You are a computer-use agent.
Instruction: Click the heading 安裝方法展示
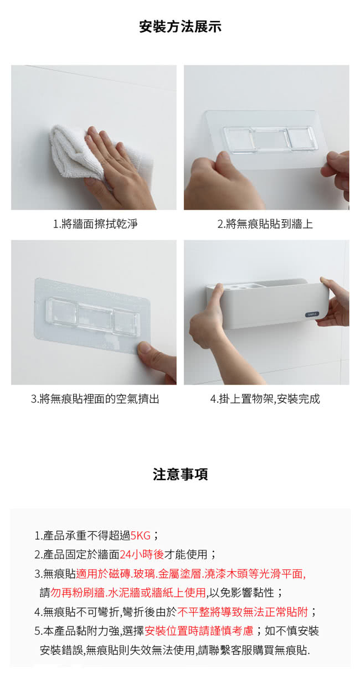click(180, 27)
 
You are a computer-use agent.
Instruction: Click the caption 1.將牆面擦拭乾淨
click(95, 224)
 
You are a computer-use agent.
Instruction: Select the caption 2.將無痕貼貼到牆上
click(265, 224)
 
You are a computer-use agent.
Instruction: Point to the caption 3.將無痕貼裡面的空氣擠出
click(95, 399)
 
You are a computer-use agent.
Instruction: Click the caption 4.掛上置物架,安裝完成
click(265, 399)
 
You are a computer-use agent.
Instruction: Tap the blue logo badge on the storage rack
click(312, 314)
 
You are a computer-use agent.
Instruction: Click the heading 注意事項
click(180, 474)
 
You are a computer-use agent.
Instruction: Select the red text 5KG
click(141, 536)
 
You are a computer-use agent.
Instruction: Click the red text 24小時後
click(142, 554)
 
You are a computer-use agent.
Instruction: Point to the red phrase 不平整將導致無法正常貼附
click(243, 612)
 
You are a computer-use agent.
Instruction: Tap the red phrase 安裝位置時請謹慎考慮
click(199, 631)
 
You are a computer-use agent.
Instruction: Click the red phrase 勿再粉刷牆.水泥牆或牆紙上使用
click(128, 593)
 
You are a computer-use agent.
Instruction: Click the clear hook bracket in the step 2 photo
click(270, 139)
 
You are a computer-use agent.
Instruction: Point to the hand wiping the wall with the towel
click(120, 170)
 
